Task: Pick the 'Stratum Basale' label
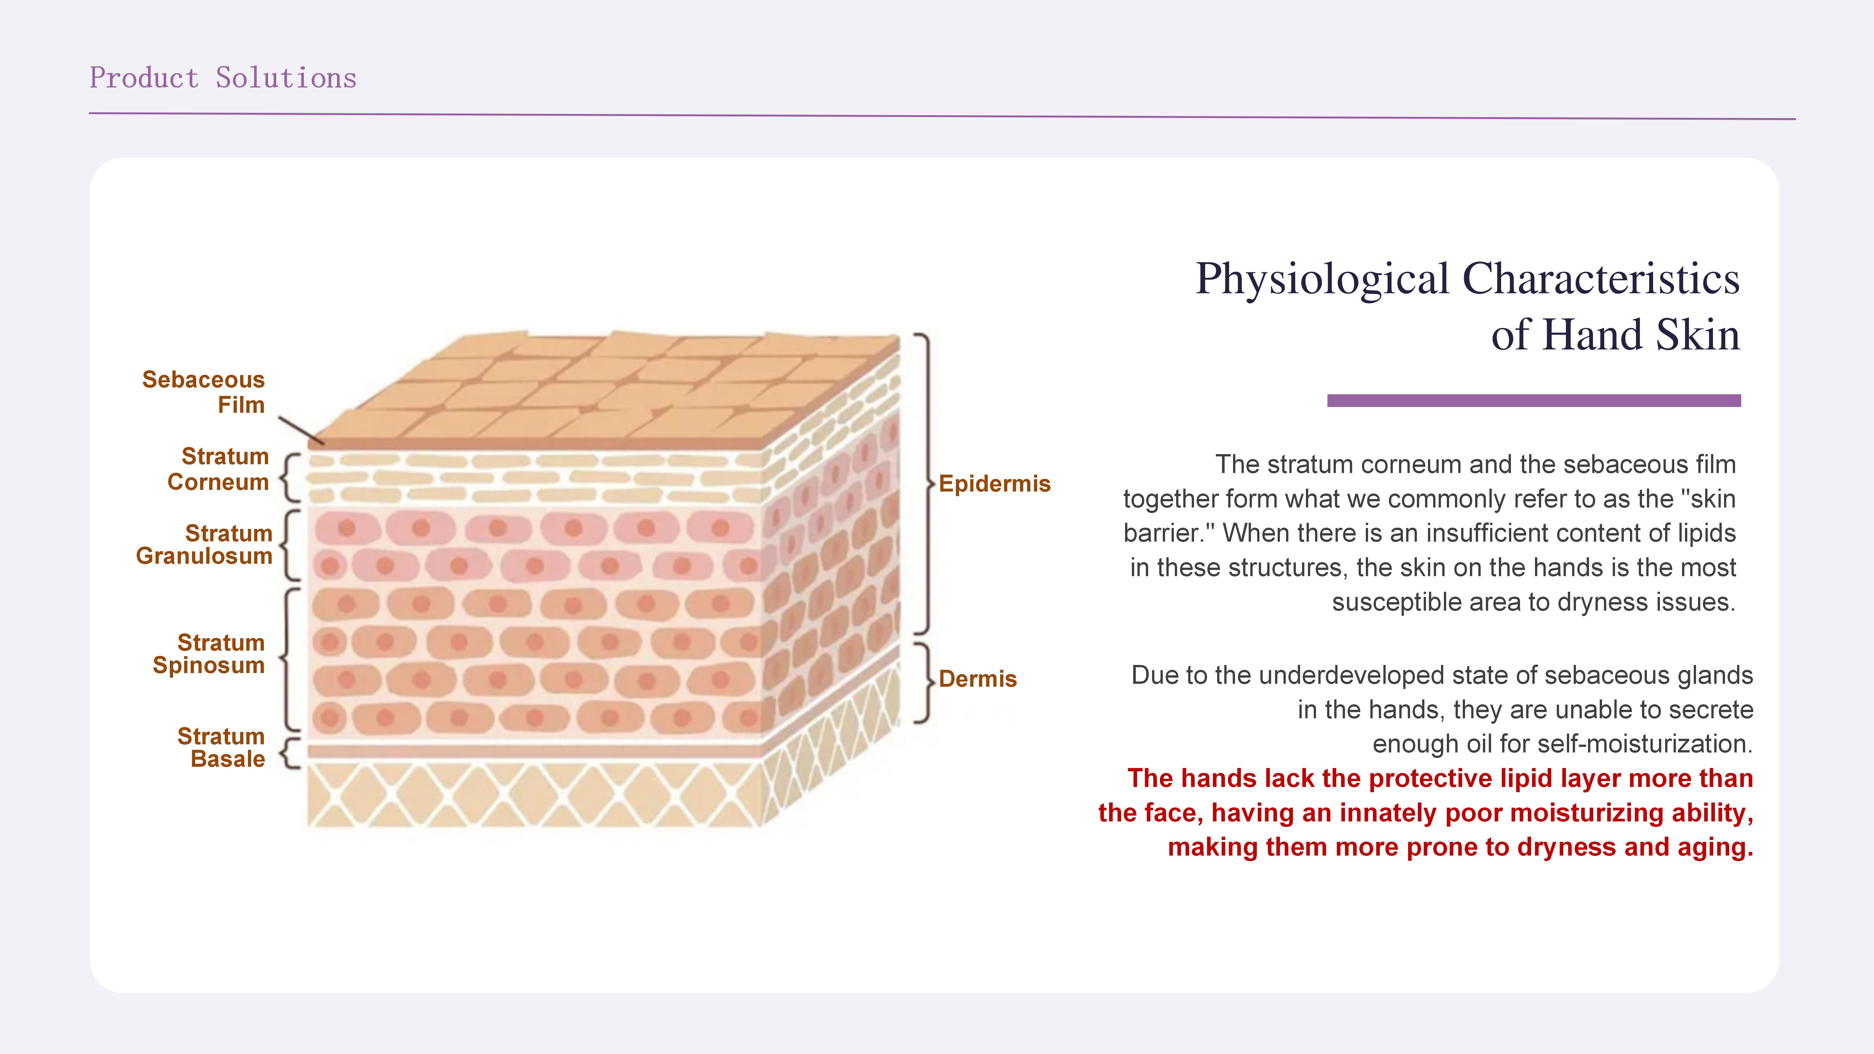[221, 747]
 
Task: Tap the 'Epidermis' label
[995, 484]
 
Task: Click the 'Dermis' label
[978, 679]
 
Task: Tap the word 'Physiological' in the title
[1323, 279]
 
